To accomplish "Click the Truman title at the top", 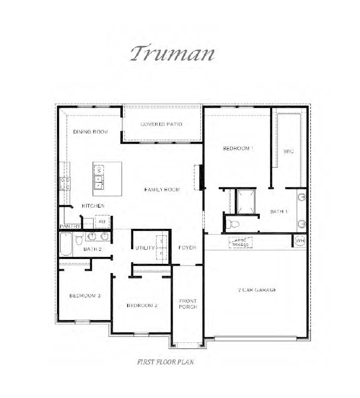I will tap(173, 54).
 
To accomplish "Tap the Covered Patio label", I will tap(161, 124).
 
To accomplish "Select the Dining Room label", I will tap(90, 132).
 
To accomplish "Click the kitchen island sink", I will tap(100, 178).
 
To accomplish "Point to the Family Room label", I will tap(162, 189).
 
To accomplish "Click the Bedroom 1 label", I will tap(238, 148).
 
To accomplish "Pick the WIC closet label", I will tap(288, 151).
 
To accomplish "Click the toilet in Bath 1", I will tap(233, 223).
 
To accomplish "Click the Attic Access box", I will tap(241, 242).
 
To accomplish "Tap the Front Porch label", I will tap(188, 303).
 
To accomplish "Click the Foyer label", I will tap(187, 248).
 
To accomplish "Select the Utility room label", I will tap(145, 248).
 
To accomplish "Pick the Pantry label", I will tap(70, 226).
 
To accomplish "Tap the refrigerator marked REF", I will tap(102, 221).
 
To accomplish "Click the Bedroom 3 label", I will tap(84, 296).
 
